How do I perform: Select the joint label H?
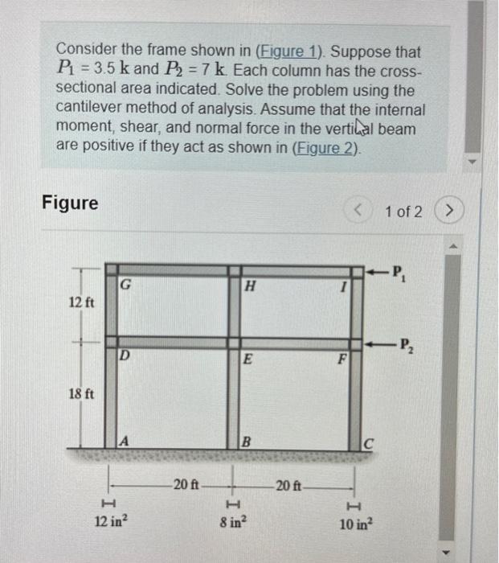click(x=249, y=286)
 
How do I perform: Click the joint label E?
click(x=249, y=361)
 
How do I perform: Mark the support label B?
click(x=247, y=441)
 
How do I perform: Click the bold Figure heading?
click(x=70, y=203)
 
